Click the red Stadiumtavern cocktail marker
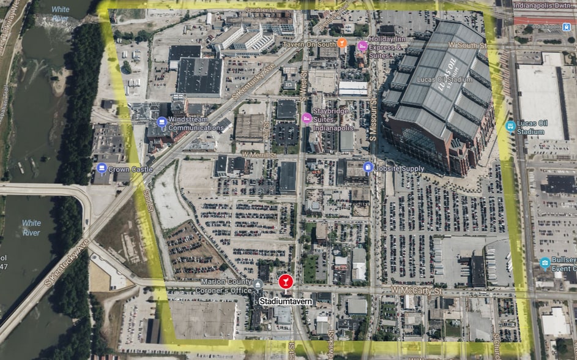click(x=285, y=281)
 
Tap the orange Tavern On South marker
click(x=342, y=43)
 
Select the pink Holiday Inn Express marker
click(x=362, y=46)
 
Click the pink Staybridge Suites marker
click(x=307, y=118)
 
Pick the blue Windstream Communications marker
click(x=162, y=122)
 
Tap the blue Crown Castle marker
click(x=102, y=168)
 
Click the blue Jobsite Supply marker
click(x=368, y=167)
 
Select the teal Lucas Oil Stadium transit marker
click(x=510, y=126)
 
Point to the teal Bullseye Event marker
click(x=545, y=263)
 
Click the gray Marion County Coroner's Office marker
click(x=259, y=284)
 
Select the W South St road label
click(x=467, y=45)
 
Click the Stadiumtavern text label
click(x=286, y=301)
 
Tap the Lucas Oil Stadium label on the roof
click(x=444, y=79)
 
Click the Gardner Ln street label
click(x=260, y=10)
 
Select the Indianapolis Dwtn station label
click(x=543, y=5)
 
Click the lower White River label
click(x=31, y=228)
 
